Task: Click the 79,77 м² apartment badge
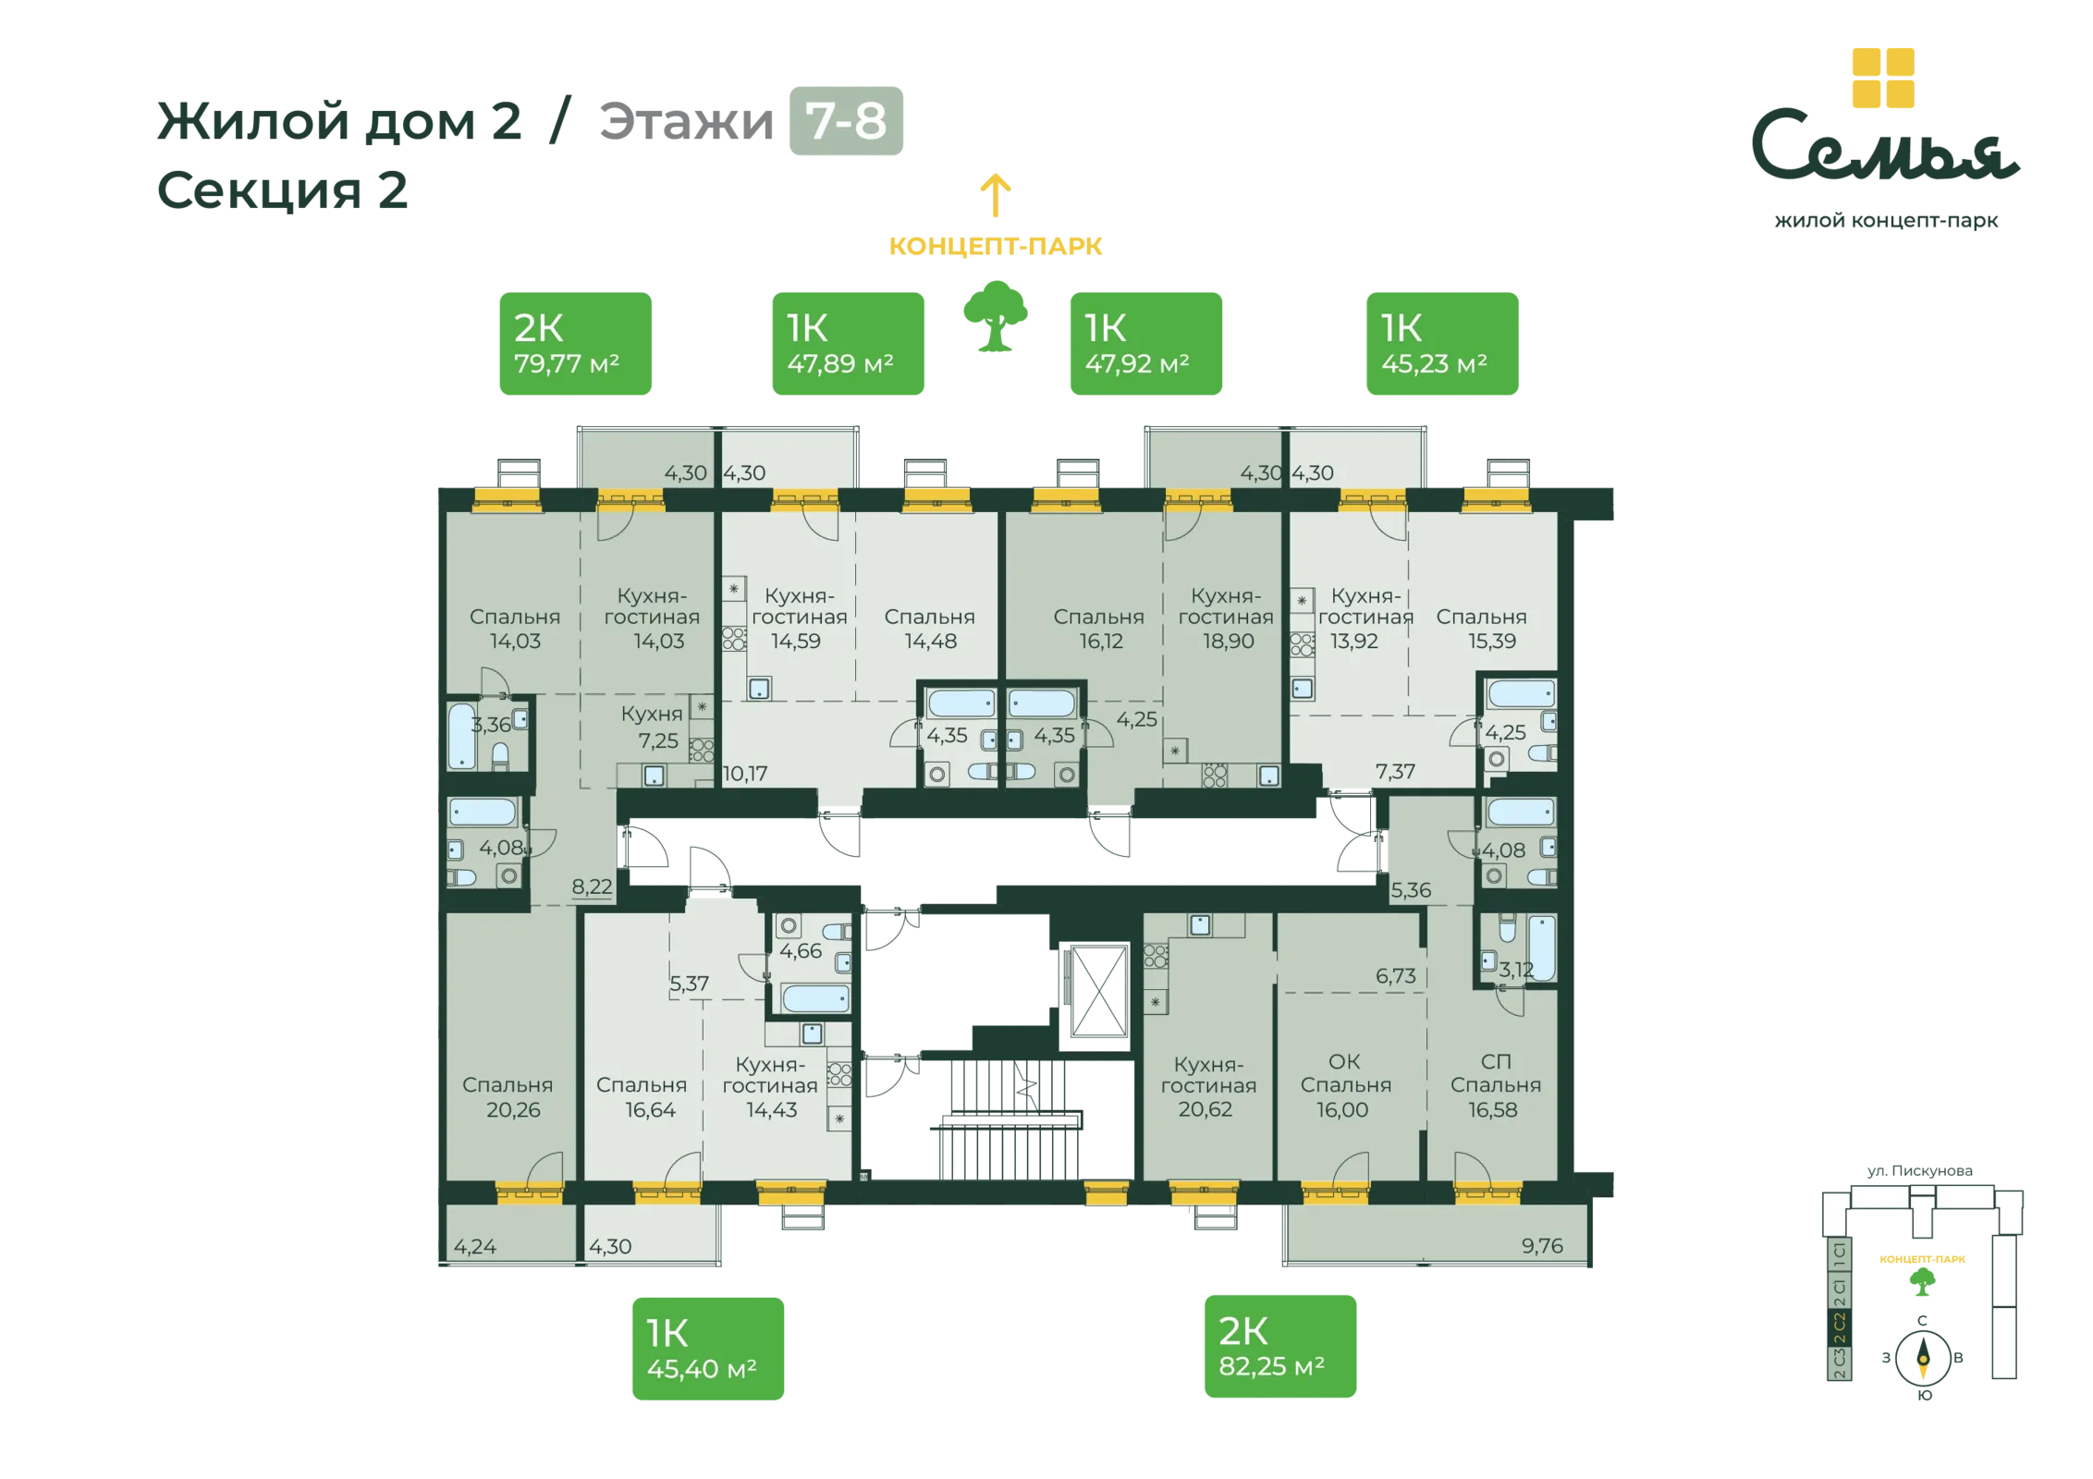tap(575, 344)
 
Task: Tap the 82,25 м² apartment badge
tap(1279, 1347)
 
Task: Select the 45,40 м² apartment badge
tap(707, 1350)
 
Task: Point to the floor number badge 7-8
tap(846, 121)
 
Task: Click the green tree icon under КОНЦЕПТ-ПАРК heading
tap(996, 317)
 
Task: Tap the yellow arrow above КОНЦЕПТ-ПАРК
tap(996, 195)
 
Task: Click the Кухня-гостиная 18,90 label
tap(1226, 617)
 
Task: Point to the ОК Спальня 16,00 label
tap(1345, 1085)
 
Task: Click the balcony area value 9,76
tap(1542, 1246)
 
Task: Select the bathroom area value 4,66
tap(800, 951)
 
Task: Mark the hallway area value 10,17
tap(745, 774)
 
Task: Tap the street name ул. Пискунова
tap(1919, 1171)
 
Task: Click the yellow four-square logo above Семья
tap(1883, 78)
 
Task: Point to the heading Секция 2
tap(283, 190)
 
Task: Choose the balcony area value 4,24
tap(475, 1247)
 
